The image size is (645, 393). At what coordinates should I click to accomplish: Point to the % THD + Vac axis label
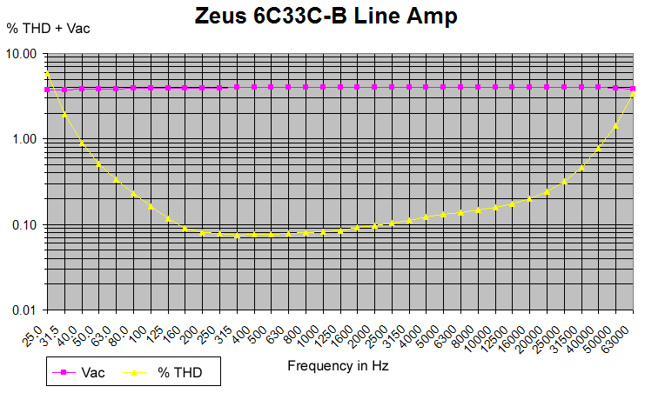tap(49, 28)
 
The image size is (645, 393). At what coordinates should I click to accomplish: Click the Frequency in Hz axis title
tap(339, 366)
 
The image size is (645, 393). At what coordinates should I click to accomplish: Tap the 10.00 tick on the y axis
tap(21, 54)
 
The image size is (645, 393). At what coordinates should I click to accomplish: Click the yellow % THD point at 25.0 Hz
tap(48, 74)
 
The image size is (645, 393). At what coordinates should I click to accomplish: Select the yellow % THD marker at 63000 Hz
tap(634, 94)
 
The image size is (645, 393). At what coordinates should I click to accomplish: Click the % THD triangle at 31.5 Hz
tap(65, 114)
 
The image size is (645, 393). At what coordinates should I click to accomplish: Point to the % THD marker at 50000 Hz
tap(616, 125)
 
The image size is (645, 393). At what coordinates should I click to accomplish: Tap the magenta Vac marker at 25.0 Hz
tap(48, 90)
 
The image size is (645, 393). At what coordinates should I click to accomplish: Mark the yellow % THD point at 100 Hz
tap(151, 207)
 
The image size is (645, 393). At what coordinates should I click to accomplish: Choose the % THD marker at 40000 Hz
tap(599, 149)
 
